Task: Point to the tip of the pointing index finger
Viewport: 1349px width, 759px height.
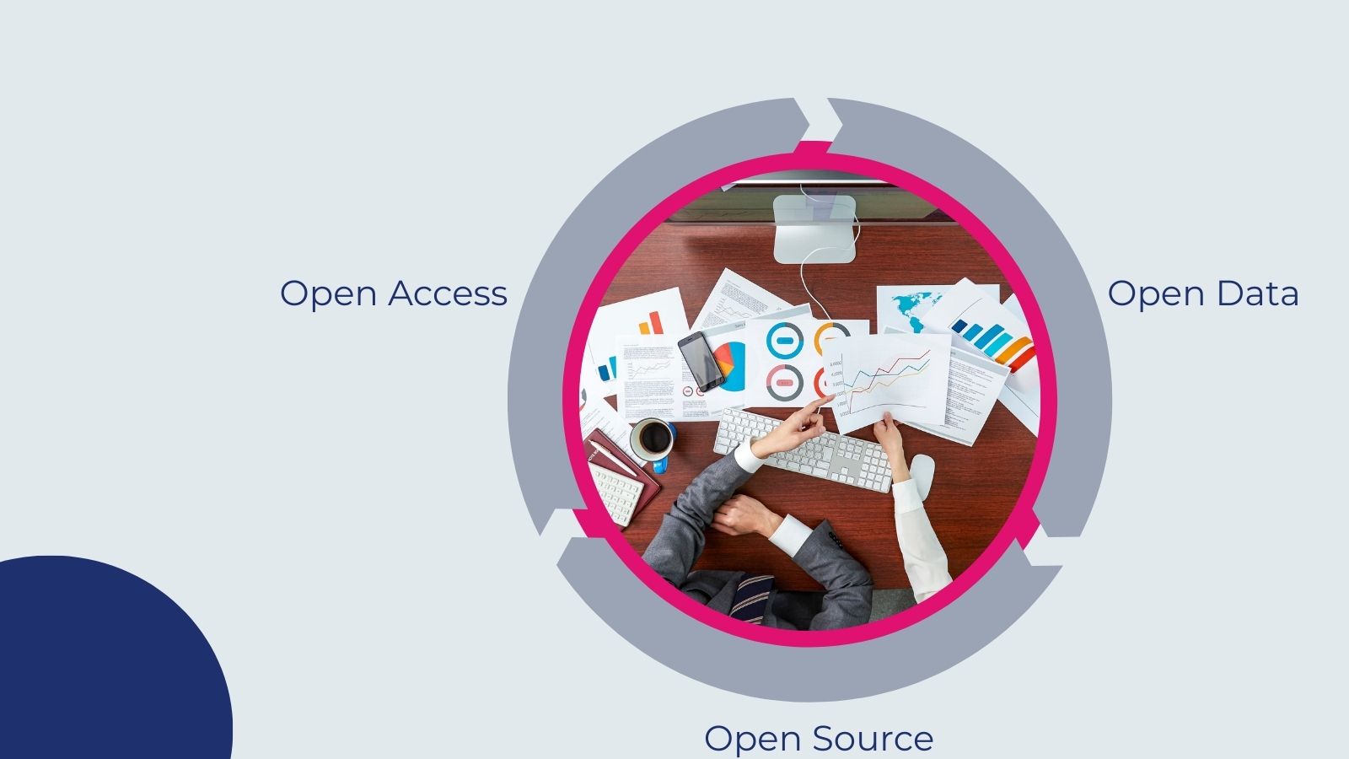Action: (x=832, y=396)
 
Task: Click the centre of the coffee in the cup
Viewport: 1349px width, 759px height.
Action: (x=654, y=439)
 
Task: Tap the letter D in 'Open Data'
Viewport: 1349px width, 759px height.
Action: (x=1233, y=293)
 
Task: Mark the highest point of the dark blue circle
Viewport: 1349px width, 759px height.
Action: (x=51, y=556)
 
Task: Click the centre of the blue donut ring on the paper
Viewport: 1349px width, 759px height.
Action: (x=785, y=340)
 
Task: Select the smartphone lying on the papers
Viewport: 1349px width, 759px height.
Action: (x=701, y=362)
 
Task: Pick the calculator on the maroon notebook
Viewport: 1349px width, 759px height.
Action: (x=616, y=493)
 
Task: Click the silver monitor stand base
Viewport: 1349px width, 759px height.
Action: (x=814, y=229)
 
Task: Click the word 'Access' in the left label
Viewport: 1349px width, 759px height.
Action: (x=448, y=293)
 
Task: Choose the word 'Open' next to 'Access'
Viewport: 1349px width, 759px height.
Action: (x=328, y=294)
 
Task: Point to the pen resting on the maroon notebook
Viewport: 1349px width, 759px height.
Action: (x=612, y=457)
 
